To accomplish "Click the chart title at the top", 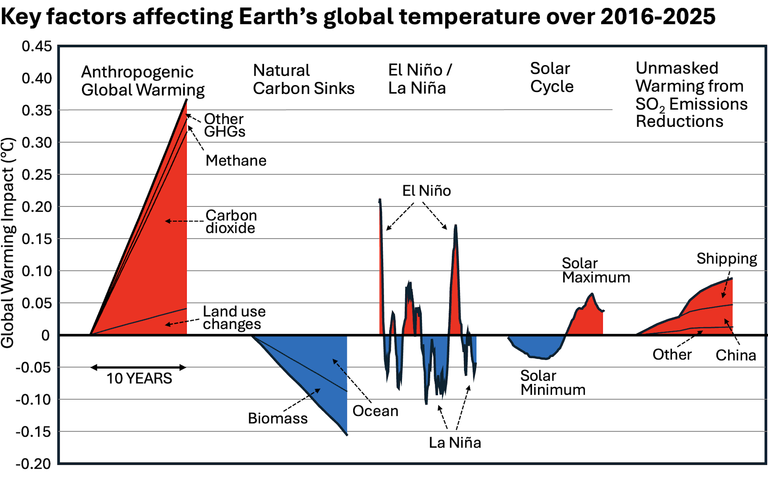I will [x=358, y=17].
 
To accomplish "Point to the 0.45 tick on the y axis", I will [x=37, y=46].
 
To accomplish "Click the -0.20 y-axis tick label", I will [x=34, y=464].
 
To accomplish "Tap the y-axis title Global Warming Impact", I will [x=8, y=242].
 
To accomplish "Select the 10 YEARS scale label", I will [x=139, y=378].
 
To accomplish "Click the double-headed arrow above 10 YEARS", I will [x=138, y=367].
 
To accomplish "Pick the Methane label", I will [x=236, y=160].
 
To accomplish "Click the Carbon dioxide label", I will [x=231, y=222].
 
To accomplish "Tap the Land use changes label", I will [x=234, y=318].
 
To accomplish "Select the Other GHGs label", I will [x=224, y=125].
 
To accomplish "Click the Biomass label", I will [x=278, y=418].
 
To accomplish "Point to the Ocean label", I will [x=375, y=411].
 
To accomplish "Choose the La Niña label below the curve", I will [x=455, y=443].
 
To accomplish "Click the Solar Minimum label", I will [x=553, y=383].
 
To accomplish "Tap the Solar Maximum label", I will [x=596, y=270].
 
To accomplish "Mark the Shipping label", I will [x=726, y=259].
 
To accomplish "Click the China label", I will [x=736, y=355].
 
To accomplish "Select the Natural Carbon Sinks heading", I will [x=304, y=79].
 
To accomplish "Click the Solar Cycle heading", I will [x=552, y=78].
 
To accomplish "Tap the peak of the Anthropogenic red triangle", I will [x=186, y=100].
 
